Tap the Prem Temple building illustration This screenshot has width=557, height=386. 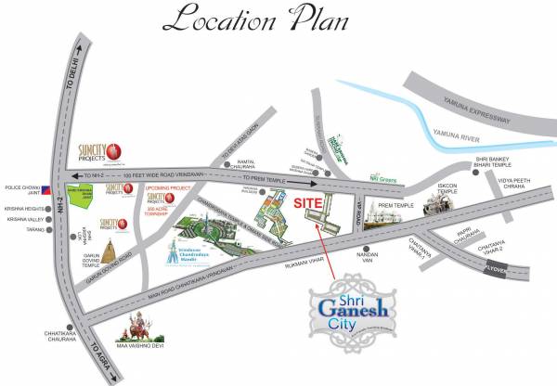(386, 214)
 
